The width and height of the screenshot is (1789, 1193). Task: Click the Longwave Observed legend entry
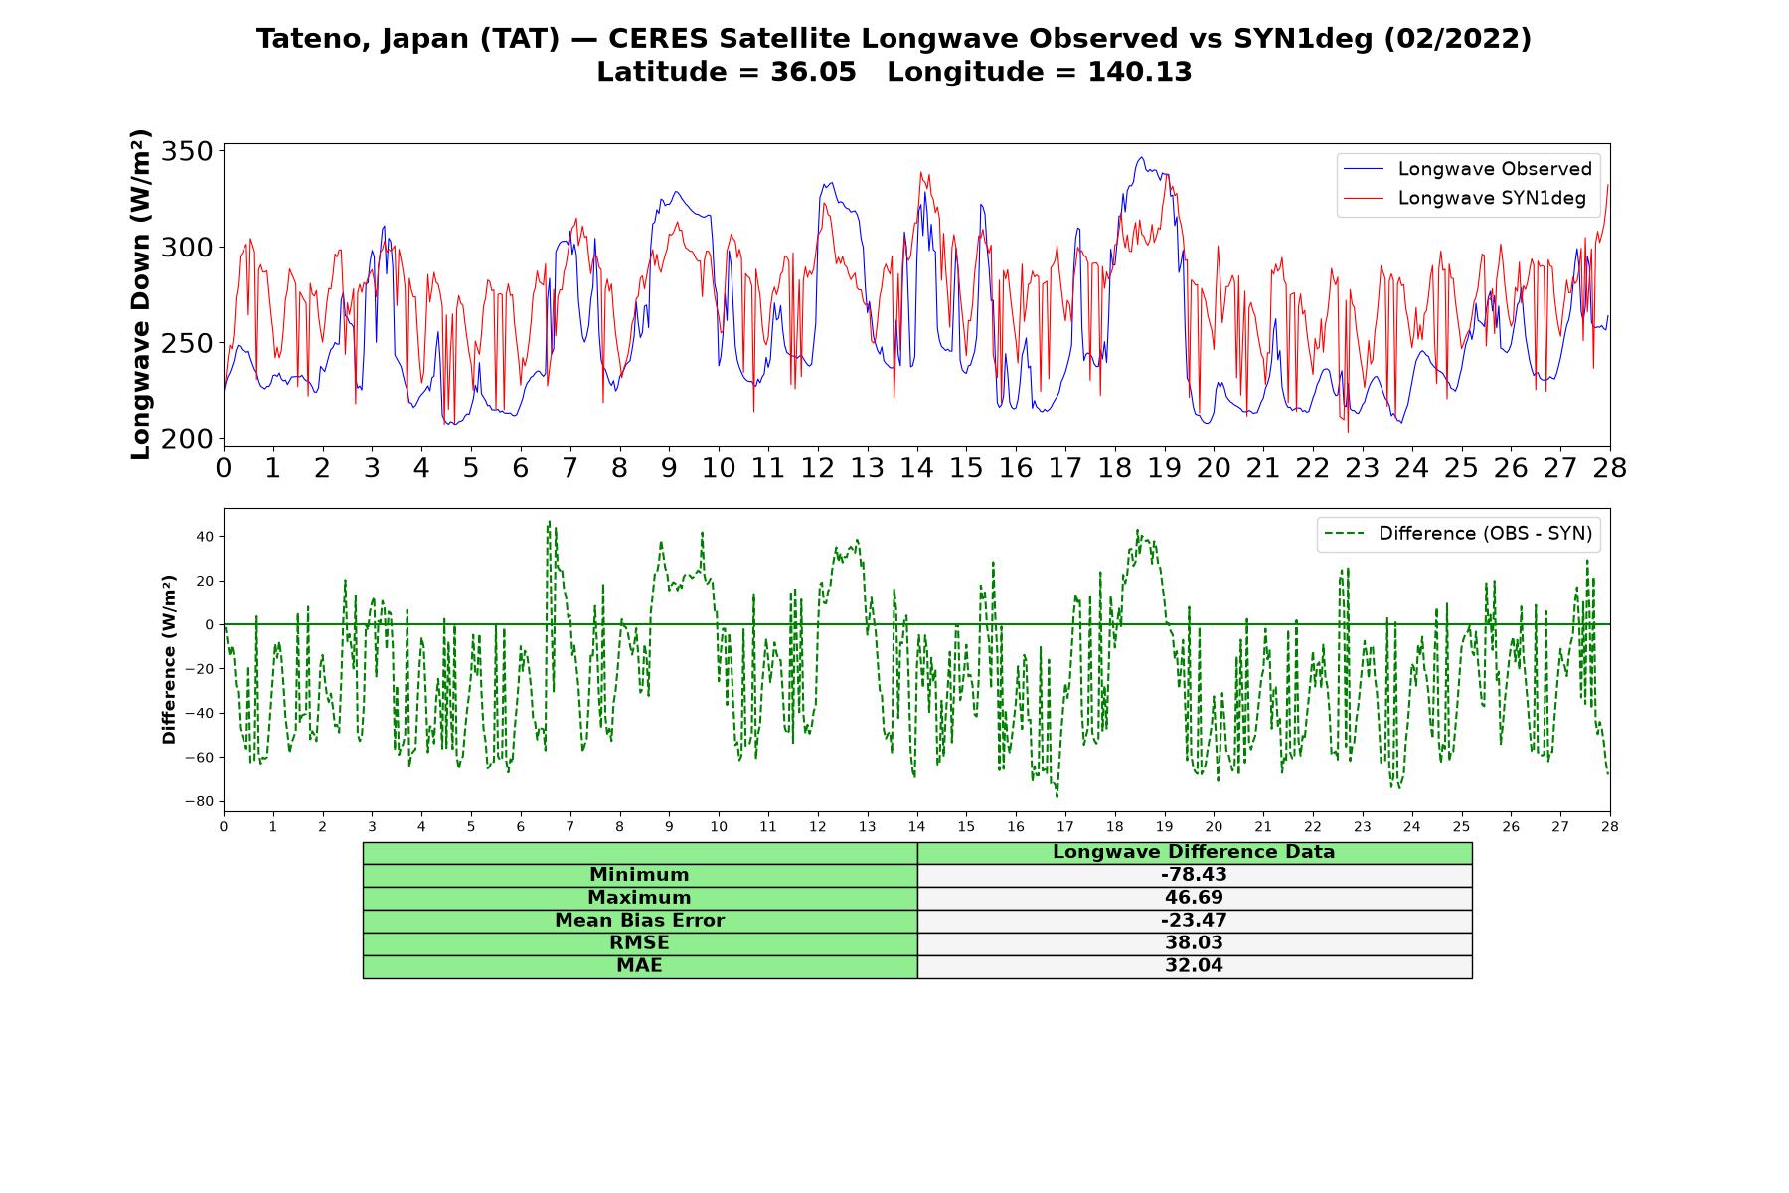pos(1467,169)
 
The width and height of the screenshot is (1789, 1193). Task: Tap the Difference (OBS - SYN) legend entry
pos(1458,534)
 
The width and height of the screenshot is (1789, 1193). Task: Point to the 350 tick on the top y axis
pos(189,151)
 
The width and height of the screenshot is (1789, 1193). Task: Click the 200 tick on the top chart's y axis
pos(189,439)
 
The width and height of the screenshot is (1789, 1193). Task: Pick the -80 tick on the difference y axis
pos(199,801)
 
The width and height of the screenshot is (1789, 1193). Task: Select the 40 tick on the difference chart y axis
pos(205,537)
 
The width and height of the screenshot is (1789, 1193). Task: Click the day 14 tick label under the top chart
pos(916,468)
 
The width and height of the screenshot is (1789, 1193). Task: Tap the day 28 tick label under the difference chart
pos(1609,826)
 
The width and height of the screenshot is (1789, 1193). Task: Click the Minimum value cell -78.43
pos(1194,875)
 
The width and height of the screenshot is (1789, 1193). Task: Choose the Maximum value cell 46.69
pos(1194,898)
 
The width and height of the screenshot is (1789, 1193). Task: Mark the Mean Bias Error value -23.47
pos(1194,921)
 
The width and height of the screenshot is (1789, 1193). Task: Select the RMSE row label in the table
pos(639,943)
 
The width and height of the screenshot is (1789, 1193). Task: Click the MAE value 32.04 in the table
pos(1194,966)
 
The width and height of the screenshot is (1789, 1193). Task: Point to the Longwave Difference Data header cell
pos(1194,852)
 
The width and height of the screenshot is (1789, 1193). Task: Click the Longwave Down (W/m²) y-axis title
pos(141,294)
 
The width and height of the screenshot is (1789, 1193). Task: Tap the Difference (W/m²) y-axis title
pos(170,659)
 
